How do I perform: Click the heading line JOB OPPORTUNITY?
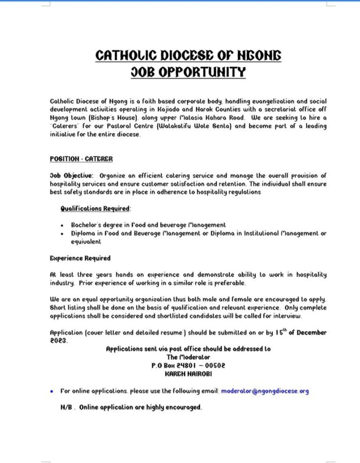pos(188,73)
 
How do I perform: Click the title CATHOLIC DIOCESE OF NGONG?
pos(188,56)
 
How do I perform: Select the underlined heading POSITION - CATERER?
pos(81,159)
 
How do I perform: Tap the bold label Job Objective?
pos(72,175)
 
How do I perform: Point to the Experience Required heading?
pos(80,258)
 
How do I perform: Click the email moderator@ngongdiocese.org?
pos(265,391)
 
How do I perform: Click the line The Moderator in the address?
pos(188,357)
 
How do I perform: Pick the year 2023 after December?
pos(59,341)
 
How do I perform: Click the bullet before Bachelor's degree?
pos(62,225)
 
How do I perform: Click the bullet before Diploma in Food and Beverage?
pos(62,234)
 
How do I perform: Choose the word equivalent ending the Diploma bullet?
pos(86,242)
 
